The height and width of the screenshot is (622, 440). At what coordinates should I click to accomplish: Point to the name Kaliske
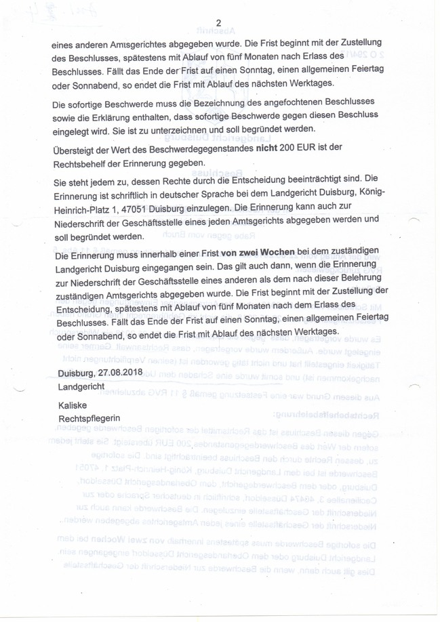(73, 405)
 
